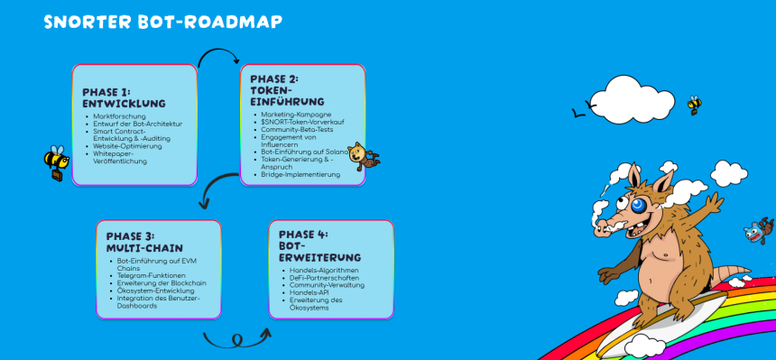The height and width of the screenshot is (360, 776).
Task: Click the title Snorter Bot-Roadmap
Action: tap(163, 22)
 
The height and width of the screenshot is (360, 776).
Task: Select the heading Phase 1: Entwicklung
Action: tap(124, 98)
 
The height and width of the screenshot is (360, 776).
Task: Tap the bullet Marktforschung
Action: tap(119, 116)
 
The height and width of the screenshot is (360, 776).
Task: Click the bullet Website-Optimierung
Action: tap(127, 146)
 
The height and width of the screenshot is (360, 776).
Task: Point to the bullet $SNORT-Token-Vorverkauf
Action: tap(302, 122)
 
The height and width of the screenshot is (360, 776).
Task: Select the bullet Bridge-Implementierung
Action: tap(300, 174)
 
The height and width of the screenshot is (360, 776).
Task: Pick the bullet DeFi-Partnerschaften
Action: tap(324, 278)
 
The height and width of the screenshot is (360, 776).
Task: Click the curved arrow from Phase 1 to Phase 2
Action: tap(218, 50)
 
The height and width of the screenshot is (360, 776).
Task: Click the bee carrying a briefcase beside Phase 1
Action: tap(54, 162)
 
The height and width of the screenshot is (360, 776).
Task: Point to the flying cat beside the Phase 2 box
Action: tap(363, 156)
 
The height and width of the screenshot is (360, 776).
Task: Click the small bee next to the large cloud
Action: tap(695, 105)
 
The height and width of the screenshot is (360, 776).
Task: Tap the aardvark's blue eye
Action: tap(637, 206)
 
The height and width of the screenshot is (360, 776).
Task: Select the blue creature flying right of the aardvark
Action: tap(759, 230)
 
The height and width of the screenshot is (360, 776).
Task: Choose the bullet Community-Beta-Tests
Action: tap(297, 129)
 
